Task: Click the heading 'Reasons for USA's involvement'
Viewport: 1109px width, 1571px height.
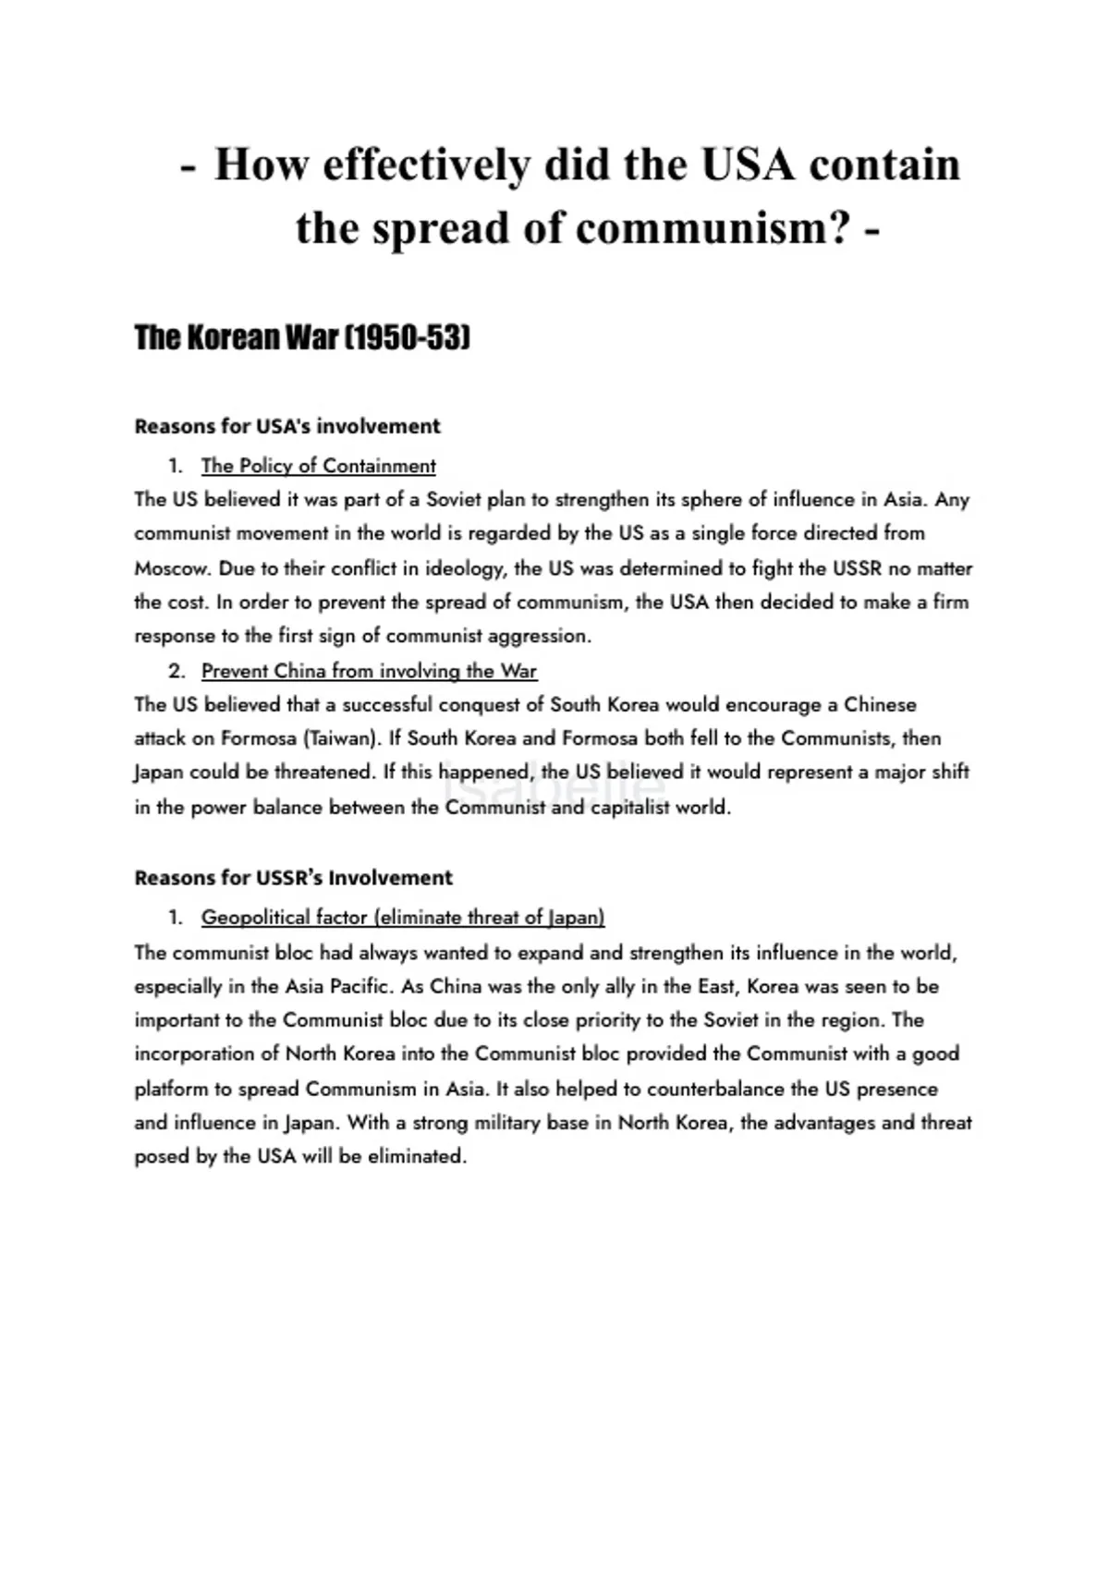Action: [x=287, y=426]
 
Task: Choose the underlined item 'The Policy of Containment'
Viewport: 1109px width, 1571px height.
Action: [x=318, y=466]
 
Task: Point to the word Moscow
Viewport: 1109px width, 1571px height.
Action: [x=172, y=568]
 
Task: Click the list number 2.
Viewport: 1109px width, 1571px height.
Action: [x=176, y=671]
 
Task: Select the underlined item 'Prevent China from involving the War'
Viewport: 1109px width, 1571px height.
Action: [x=369, y=671]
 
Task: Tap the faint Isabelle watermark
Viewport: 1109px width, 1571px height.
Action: [x=554, y=787]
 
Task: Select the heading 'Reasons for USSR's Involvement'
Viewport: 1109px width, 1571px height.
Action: [x=293, y=878]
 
